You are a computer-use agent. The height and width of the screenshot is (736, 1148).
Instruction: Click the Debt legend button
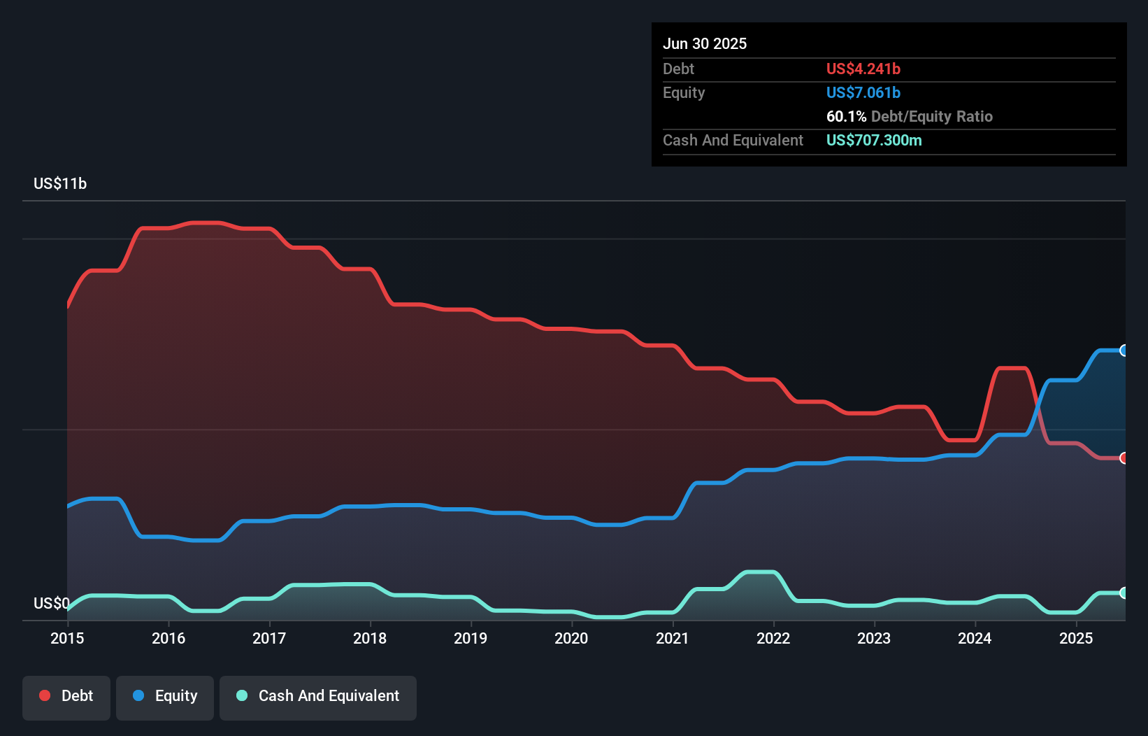(66, 697)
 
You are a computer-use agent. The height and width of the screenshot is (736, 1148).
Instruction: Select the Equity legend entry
(165, 697)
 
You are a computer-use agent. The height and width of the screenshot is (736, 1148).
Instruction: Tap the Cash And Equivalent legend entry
(318, 697)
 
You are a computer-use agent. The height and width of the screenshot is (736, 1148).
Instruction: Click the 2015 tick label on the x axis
(67, 639)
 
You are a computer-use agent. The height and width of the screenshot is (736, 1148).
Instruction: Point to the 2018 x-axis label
(370, 639)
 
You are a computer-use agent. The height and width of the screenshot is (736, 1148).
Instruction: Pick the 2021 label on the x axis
(672, 639)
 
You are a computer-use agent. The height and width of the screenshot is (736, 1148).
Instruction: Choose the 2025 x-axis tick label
(1076, 639)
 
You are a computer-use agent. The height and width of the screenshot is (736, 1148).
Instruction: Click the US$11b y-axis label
(60, 184)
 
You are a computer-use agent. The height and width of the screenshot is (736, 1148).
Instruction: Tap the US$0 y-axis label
(52, 603)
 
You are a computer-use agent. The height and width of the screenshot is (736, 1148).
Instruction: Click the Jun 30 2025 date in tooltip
(705, 44)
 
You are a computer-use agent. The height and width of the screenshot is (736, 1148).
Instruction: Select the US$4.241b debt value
(863, 69)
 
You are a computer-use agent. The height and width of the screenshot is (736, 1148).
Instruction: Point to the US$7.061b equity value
(863, 93)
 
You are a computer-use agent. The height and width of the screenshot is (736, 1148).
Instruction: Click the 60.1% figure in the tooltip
(846, 117)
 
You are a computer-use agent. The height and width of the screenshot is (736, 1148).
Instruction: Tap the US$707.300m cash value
(874, 141)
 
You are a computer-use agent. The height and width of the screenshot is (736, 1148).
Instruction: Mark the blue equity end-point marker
(1124, 351)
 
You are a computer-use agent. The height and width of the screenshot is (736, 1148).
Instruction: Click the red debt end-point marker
(1124, 458)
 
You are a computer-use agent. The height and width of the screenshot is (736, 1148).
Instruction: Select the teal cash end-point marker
(1124, 593)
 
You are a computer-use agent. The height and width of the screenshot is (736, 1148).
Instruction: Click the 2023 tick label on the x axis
(874, 639)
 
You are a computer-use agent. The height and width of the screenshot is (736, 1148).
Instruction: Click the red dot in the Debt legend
(45, 695)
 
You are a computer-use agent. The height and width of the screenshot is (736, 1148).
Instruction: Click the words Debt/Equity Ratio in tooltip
(931, 117)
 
